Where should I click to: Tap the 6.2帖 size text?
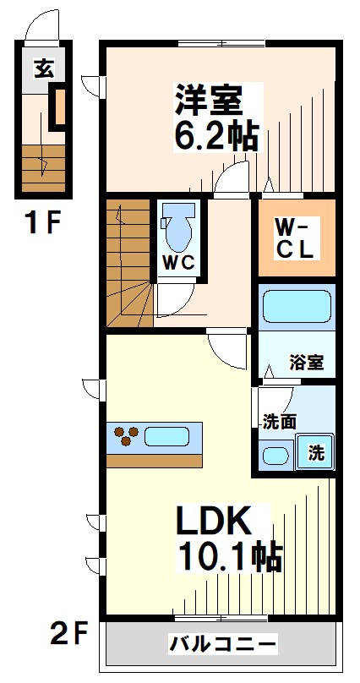tap(216, 135)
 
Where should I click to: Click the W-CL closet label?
tap(296, 238)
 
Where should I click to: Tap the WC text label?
tap(178, 262)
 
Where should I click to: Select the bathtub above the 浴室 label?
tap(296, 308)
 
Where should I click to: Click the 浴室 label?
tap(307, 363)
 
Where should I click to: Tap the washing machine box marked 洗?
tap(315, 451)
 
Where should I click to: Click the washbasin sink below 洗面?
tap(275, 456)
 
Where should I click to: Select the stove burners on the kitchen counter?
tap(128, 437)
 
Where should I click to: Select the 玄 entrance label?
tap(43, 68)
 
